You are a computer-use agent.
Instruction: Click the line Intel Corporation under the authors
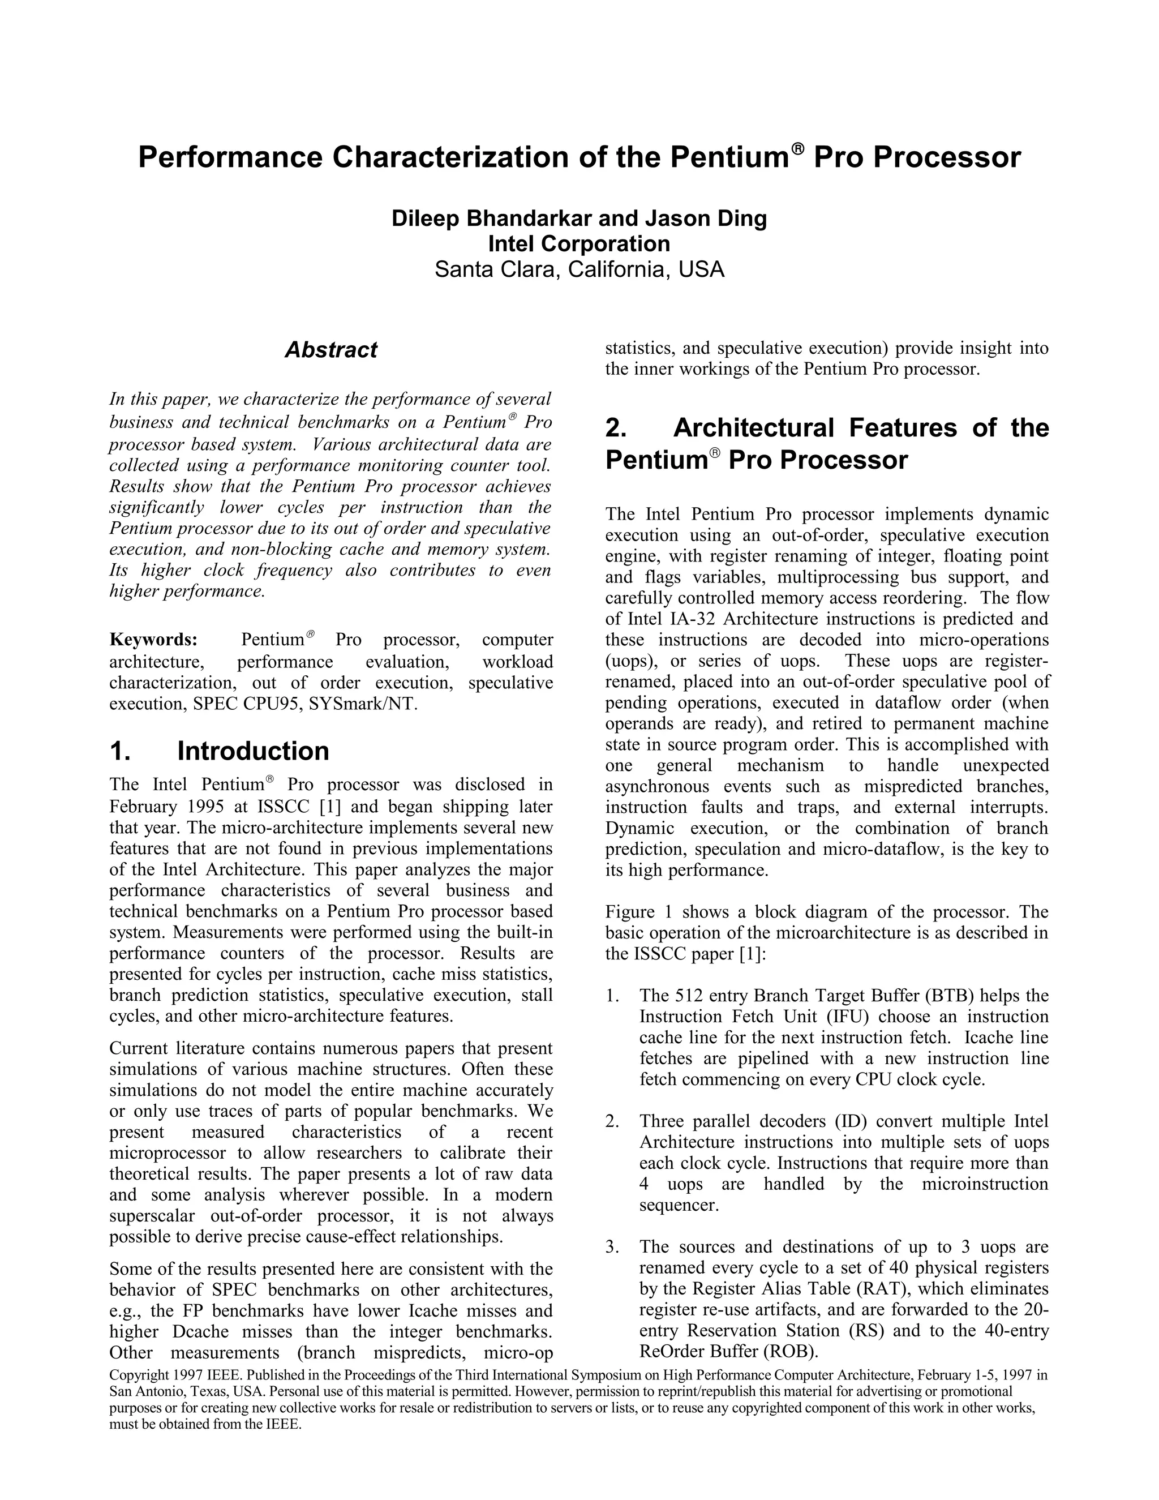[x=579, y=244]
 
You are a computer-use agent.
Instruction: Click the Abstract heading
[x=331, y=350]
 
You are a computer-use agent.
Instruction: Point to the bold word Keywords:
[x=154, y=640]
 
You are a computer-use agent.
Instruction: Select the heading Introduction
[x=252, y=751]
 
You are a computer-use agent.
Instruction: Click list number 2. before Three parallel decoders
[x=612, y=1121]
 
